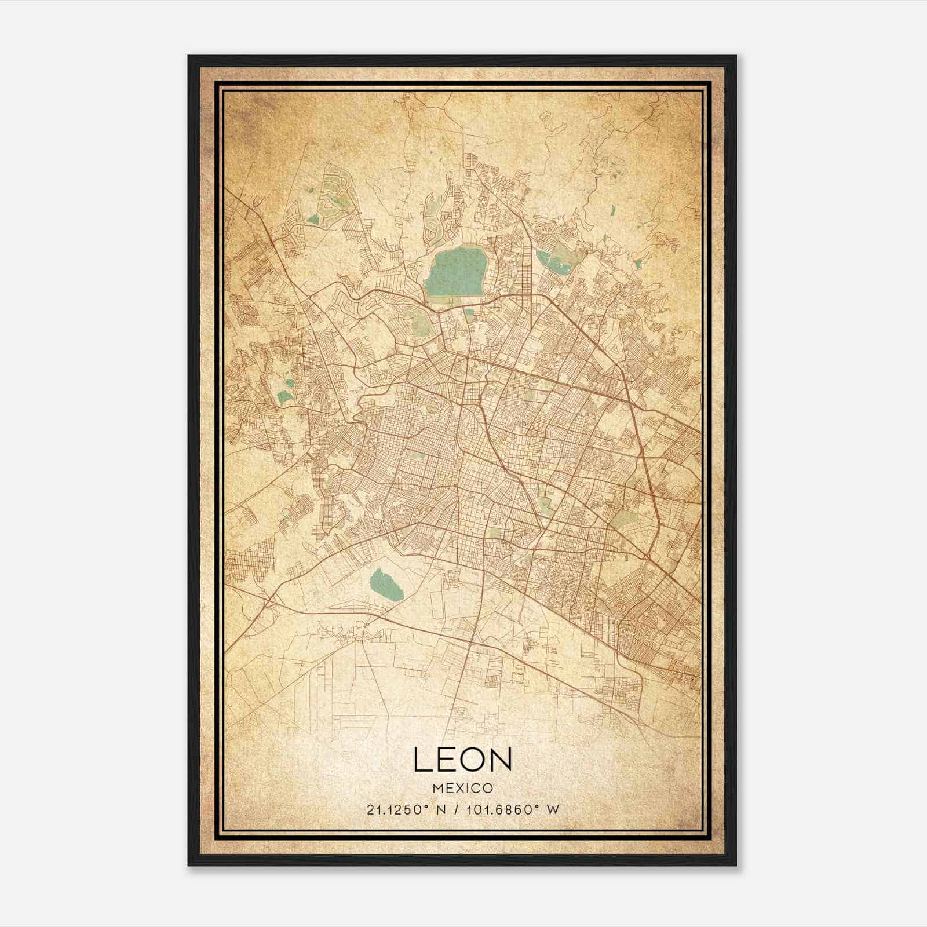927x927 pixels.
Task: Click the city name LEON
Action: pyautogui.click(x=462, y=760)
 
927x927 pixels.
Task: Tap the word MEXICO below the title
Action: pyautogui.click(x=462, y=788)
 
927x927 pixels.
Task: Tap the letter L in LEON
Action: pyautogui.click(x=422, y=760)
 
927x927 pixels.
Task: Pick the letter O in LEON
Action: pyautogui.click(x=475, y=760)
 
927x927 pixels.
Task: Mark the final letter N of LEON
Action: pyautogui.click(x=501, y=760)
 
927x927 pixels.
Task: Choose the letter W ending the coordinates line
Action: pyautogui.click(x=553, y=810)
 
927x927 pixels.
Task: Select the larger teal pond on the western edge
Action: pyautogui.click(x=284, y=397)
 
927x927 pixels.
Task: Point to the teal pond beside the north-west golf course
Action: pyautogui.click(x=313, y=219)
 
